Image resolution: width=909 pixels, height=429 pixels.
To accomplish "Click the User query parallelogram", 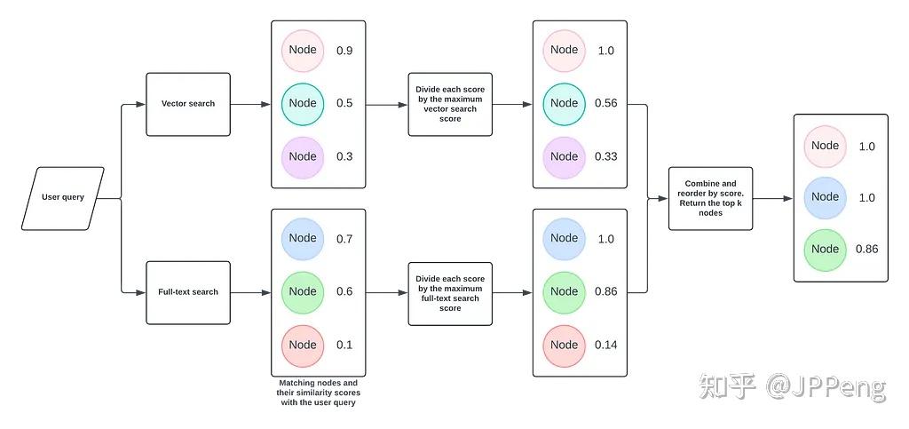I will (x=62, y=197).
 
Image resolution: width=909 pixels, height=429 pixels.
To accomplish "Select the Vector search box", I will (x=188, y=104).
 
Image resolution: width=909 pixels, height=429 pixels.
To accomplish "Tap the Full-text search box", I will (x=188, y=292).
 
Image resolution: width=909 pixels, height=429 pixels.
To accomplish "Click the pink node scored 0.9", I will (x=303, y=51).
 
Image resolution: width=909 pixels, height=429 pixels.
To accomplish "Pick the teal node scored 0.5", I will (x=303, y=103).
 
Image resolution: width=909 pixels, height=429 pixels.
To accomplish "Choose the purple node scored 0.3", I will (x=303, y=156).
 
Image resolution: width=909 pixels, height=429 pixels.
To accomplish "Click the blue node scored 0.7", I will (x=303, y=238).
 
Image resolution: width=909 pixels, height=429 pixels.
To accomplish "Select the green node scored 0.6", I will (x=303, y=291).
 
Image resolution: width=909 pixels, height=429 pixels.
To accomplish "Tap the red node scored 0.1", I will (x=303, y=345).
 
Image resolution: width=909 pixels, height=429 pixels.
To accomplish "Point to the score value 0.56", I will (x=606, y=103).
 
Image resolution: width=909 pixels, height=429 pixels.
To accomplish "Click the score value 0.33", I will (x=606, y=156).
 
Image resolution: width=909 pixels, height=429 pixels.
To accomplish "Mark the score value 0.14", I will (x=606, y=345).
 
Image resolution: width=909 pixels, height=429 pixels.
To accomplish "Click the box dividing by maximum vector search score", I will (x=450, y=104).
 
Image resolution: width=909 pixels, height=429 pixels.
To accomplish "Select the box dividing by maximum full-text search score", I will (x=450, y=292).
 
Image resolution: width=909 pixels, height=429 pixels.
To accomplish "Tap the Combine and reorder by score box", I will (x=710, y=198).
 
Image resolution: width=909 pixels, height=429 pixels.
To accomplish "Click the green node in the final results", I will (x=825, y=249).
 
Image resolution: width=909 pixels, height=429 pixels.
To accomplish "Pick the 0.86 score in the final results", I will (x=866, y=249).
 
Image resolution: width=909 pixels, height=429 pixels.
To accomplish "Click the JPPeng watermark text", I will (x=826, y=387).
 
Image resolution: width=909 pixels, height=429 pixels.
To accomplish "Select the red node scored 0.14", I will (x=564, y=345).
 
